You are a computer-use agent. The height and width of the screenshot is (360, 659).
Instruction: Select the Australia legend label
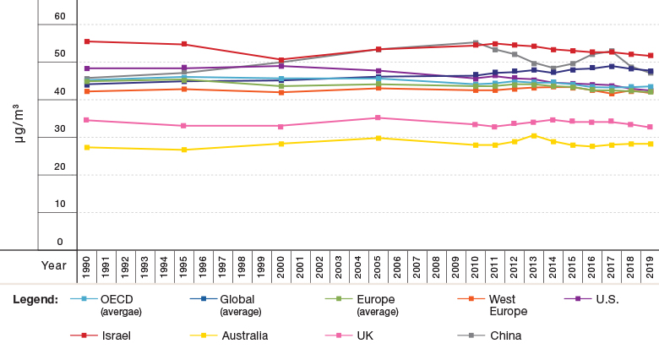coord(245,335)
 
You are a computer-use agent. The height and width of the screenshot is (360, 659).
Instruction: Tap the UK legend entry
coord(365,335)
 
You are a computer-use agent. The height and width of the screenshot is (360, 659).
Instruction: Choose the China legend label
coord(505,335)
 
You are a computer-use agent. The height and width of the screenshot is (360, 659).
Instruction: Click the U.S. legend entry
coord(607,299)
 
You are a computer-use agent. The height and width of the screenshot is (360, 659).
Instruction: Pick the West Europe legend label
coord(508,305)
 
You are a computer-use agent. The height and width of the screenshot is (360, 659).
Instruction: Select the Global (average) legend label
coord(241,305)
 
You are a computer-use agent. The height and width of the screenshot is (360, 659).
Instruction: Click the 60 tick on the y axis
coord(60,16)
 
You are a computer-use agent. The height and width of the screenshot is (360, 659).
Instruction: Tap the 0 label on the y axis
coord(60,242)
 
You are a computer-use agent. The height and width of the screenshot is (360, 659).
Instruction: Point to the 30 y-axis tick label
coord(60,128)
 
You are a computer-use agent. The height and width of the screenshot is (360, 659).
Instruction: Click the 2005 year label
coord(378,267)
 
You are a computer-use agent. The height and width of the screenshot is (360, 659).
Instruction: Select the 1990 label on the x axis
coord(86,267)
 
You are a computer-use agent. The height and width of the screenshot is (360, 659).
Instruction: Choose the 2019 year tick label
coord(651,267)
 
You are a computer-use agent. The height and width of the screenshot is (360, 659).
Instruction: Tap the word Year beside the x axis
coord(54,266)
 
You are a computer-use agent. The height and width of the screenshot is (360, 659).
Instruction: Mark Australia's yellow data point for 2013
coord(534,136)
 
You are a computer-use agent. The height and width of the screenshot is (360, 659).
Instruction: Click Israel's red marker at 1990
coord(87,41)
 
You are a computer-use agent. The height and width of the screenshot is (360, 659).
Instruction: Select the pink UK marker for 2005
coord(378,117)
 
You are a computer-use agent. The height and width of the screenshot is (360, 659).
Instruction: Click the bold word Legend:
coord(35,299)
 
